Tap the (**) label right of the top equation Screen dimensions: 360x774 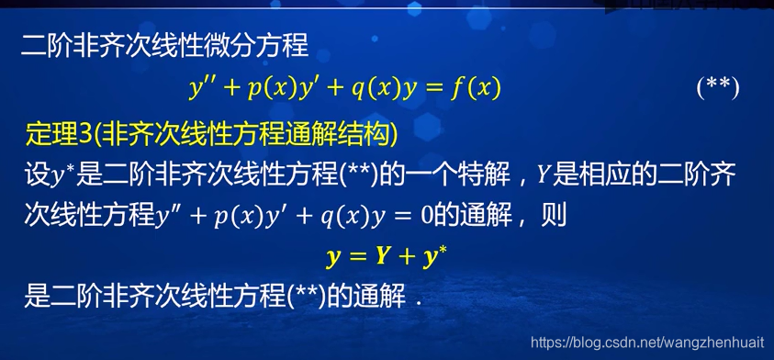tap(718, 88)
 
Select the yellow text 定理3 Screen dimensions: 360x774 tap(54, 135)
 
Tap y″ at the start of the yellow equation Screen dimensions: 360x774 tap(201, 88)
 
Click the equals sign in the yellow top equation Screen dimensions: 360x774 tap(435, 88)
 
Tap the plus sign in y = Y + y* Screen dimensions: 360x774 tap(405, 257)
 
